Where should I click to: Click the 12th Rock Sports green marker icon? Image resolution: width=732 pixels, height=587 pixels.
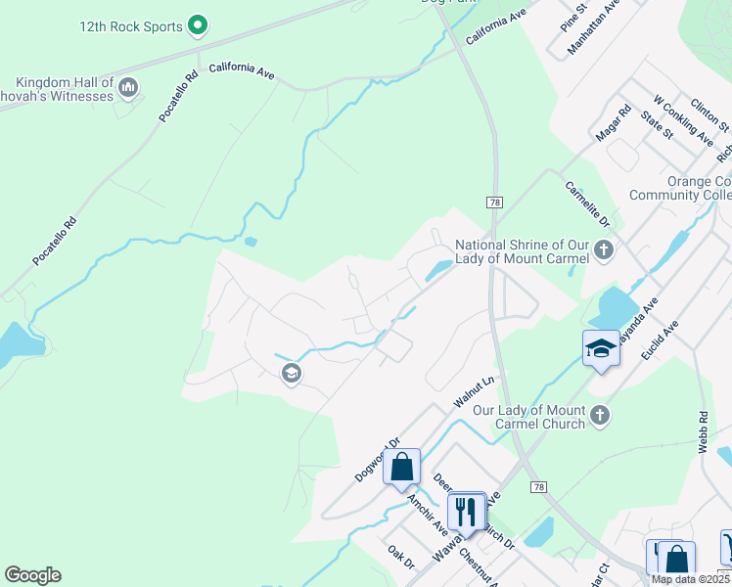[199, 24]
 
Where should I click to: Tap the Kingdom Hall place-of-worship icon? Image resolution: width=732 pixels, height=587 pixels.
[128, 90]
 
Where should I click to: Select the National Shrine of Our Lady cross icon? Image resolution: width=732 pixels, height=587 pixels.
[603, 249]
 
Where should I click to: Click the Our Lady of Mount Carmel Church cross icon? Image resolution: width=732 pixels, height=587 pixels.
[600, 416]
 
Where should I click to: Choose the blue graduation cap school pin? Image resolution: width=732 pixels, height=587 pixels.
[600, 347]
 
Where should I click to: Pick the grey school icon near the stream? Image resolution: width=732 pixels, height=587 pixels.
[290, 372]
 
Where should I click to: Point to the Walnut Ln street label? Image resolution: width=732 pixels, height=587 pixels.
[476, 391]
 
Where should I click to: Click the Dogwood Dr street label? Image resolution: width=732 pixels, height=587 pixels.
[378, 458]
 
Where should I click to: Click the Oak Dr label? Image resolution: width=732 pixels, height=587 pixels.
[401, 558]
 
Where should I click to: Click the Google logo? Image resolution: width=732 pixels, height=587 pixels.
[32, 575]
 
